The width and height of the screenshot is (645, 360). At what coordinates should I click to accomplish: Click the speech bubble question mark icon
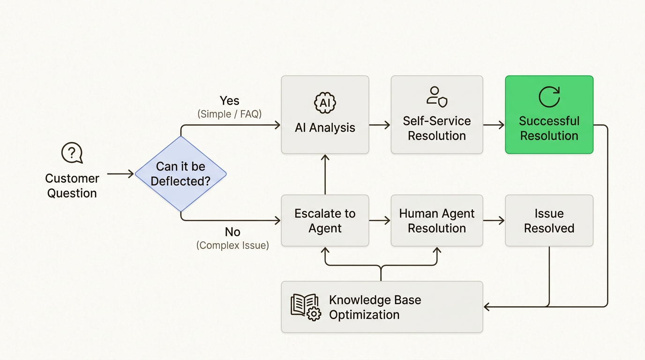72,153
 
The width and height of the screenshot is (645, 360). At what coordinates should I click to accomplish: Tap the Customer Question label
72,186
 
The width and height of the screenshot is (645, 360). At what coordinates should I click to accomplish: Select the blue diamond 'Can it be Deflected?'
180,174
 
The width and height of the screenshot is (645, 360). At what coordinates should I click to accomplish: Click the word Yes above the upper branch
229,101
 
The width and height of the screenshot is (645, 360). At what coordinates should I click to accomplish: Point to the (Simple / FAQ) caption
229,114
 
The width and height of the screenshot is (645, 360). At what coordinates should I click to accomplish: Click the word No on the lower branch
232,232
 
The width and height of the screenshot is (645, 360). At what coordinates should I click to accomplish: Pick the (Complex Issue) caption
232,245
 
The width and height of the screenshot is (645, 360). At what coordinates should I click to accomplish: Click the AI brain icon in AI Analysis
325,103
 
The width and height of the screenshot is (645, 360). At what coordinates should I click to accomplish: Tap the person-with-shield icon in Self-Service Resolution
436,96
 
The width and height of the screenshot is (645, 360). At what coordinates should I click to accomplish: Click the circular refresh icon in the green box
549,97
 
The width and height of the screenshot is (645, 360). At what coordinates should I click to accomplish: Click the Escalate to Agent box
325,221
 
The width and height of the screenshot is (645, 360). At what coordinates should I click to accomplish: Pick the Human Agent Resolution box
436,221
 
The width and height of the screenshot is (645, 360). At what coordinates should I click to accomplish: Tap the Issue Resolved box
549,221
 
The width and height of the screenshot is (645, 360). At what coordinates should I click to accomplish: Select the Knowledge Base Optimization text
375,307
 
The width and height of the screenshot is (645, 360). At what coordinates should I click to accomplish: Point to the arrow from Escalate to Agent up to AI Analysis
325,174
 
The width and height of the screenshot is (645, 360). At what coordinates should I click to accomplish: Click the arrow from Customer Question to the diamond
120,174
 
